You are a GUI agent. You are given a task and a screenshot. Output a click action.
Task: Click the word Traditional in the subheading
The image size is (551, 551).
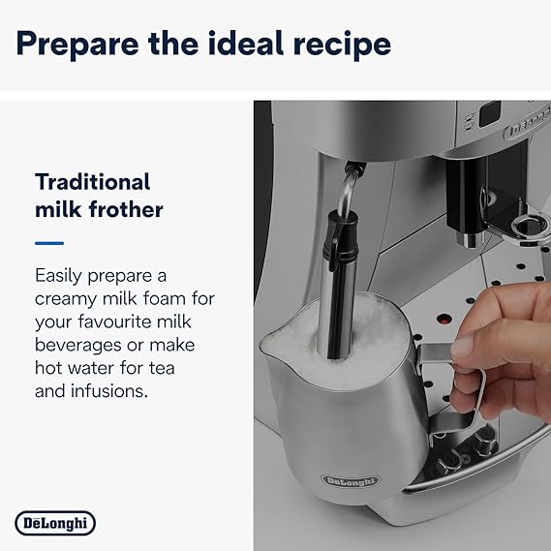coord(93,181)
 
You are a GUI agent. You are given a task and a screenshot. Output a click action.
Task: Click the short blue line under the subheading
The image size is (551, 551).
coord(49,243)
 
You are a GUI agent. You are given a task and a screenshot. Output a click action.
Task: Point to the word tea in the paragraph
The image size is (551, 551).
coord(176,368)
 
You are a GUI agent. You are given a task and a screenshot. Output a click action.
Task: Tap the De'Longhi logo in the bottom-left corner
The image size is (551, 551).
coord(55,524)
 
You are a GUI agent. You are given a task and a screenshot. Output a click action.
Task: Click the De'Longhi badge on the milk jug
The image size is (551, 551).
coord(352,481)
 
